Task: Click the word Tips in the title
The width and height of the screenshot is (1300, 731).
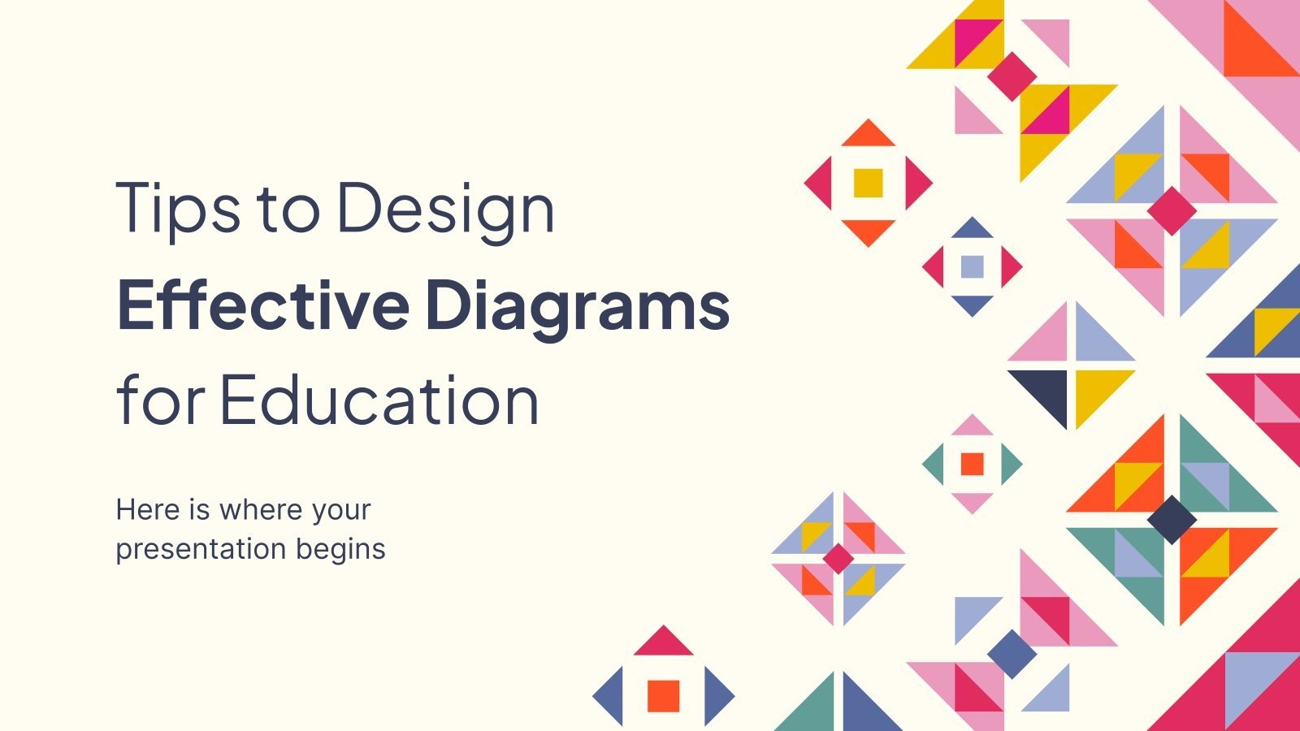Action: (178, 209)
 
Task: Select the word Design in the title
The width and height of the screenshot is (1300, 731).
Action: (445, 209)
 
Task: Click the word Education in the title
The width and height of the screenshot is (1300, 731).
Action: (379, 400)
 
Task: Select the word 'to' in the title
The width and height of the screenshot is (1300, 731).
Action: (288, 209)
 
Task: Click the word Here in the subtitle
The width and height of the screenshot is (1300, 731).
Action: (147, 510)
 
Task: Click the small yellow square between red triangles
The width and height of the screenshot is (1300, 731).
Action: (868, 183)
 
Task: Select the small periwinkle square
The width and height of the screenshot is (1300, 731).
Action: (972, 266)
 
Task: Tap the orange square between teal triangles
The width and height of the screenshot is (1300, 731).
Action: (972, 464)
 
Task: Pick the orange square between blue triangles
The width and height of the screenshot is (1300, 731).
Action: (663, 695)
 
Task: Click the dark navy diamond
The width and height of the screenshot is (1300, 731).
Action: (1172, 519)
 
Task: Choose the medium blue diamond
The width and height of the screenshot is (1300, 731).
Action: (1012, 653)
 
